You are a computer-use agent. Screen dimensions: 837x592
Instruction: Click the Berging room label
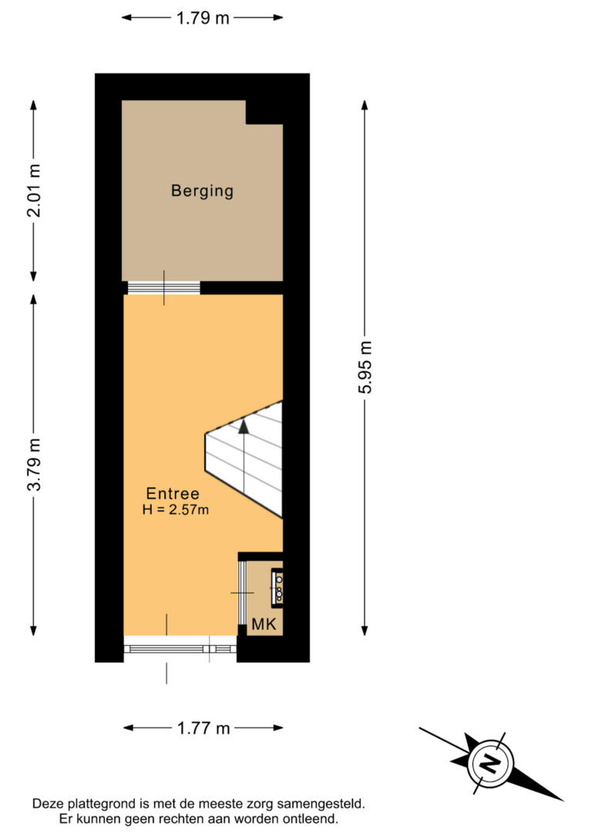click(202, 190)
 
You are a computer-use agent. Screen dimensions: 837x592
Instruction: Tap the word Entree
click(173, 494)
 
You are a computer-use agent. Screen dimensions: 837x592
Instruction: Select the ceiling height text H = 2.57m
click(177, 509)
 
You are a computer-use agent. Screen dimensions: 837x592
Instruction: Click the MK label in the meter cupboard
click(262, 624)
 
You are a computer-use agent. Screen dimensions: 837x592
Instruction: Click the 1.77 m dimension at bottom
click(203, 728)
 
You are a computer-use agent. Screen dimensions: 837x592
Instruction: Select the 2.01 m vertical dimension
click(34, 190)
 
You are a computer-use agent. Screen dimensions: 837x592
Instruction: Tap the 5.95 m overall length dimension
click(365, 368)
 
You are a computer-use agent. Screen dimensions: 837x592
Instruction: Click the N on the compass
click(489, 763)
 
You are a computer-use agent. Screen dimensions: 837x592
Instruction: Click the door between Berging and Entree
click(163, 287)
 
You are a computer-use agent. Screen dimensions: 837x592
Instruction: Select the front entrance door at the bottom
click(180, 648)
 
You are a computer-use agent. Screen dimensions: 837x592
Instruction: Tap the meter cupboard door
click(241, 592)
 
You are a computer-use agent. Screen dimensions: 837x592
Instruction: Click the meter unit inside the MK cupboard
click(276, 586)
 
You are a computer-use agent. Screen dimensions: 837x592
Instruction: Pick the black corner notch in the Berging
click(264, 112)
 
